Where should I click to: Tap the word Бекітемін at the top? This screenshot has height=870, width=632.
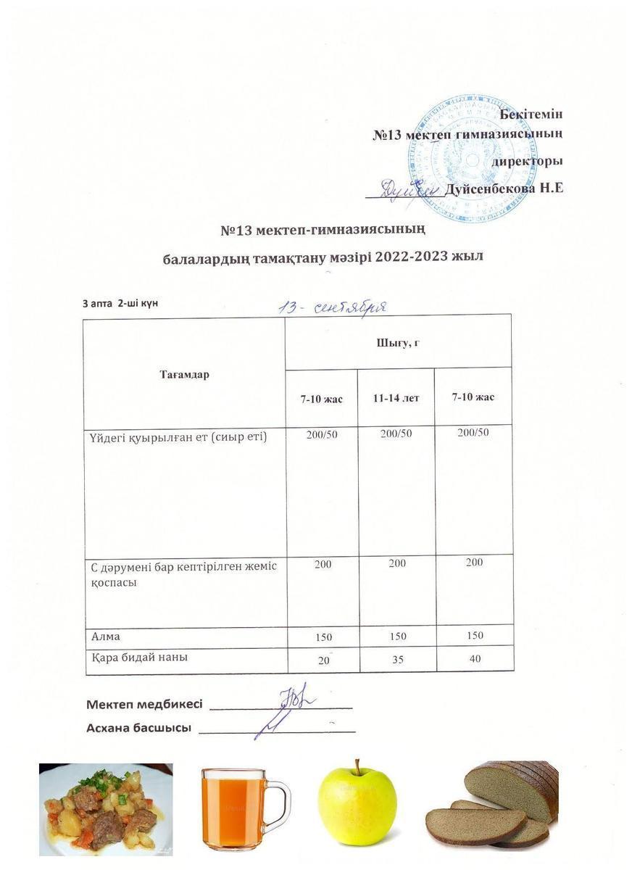tap(531, 113)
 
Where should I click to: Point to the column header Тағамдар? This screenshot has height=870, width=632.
tap(184, 375)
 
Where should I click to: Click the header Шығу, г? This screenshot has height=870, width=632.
tap(398, 342)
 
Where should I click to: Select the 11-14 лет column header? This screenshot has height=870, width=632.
tap(396, 398)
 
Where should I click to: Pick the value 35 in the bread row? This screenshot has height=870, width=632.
tap(396, 660)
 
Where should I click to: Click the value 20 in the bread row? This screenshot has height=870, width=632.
tap(323, 660)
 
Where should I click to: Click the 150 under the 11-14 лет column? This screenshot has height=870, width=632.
tap(396, 636)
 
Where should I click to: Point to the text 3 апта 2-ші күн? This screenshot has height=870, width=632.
tap(120, 302)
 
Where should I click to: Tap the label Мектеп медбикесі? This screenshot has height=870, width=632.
tap(144, 704)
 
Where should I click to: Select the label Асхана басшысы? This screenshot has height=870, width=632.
tap(138, 728)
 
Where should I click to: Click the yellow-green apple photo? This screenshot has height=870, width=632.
tap(357, 805)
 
